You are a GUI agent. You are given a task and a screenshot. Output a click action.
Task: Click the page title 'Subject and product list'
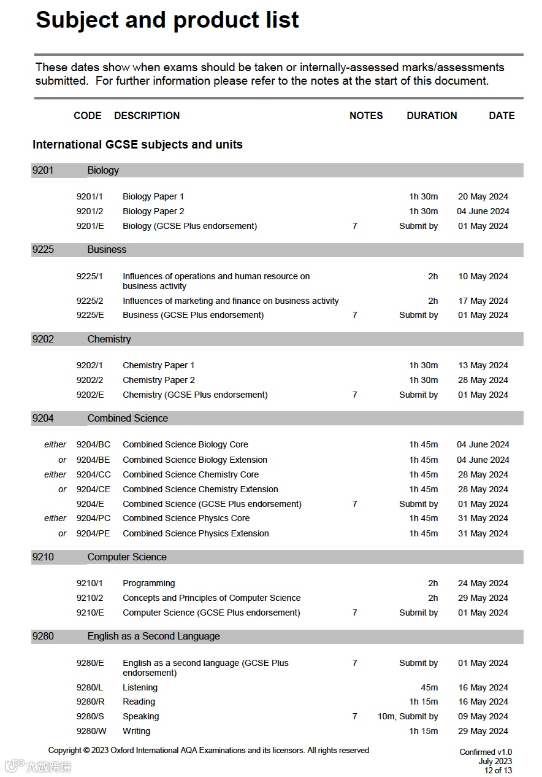click(x=167, y=21)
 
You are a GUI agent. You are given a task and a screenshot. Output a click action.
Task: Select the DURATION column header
click(x=432, y=115)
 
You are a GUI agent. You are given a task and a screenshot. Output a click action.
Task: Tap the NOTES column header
click(x=366, y=115)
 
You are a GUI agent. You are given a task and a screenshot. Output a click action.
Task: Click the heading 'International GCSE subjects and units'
click(x=137, y=145)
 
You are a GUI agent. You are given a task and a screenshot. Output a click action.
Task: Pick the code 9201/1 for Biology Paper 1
click(x=90, y=196)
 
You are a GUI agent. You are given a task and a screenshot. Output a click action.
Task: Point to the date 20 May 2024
click(x=483, y=196)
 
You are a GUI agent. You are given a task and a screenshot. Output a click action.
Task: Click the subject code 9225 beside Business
click(x=43, y=250)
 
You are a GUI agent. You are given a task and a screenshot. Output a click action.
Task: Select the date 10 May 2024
click(x=483, y=276)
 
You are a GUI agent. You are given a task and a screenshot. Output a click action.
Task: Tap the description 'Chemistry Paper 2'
click(x=159, y=380)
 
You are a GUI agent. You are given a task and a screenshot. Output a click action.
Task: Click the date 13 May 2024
click(x=483, y=365)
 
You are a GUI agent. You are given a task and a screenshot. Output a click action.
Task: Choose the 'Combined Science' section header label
click(x=128, y=419)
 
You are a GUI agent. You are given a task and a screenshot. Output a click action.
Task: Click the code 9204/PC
click(x=93, y=519)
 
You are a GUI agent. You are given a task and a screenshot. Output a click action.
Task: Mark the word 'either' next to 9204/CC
click(x=55, y=474)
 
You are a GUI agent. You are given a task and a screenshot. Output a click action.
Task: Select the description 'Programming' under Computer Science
click(x=149, y=583)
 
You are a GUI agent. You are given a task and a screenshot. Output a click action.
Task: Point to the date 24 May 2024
click(x=483, y=583)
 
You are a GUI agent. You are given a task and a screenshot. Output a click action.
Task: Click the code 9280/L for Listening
click(x=90, y=687)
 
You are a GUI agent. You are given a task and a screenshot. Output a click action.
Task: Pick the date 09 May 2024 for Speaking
click(x=483, y=716)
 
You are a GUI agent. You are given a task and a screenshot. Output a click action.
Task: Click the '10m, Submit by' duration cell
click(x=408, y=716)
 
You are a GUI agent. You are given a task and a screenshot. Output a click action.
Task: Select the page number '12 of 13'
click(x=498, y=770)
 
